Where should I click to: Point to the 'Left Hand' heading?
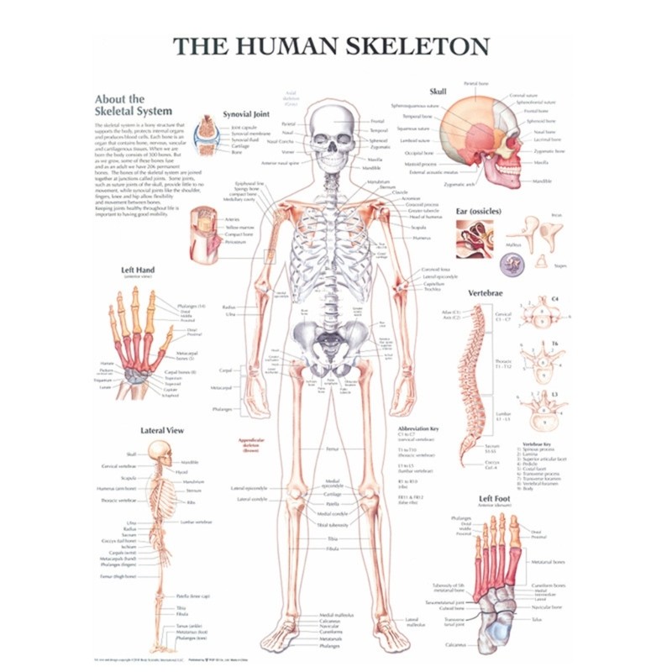[137, 270]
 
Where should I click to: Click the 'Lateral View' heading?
[161, 430]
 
